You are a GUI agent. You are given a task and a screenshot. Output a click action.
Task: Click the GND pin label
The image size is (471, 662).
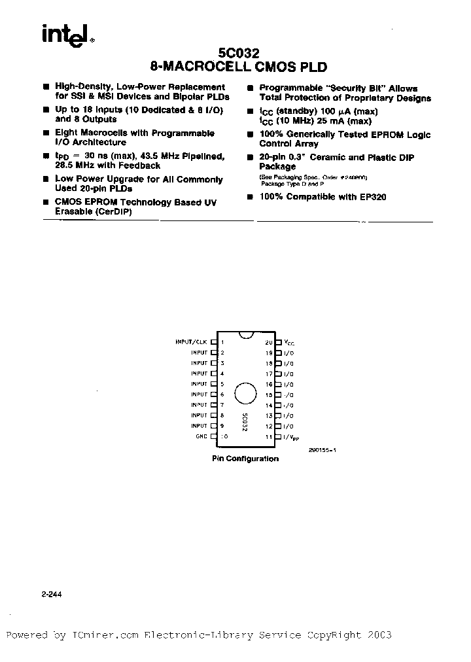coord(201,436)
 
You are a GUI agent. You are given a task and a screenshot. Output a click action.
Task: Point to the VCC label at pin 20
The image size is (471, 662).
coord(288,342)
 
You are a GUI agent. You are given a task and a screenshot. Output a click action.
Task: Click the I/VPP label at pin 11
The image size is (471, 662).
coord(291,437)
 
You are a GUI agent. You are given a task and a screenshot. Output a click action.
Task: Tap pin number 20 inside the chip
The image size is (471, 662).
coord(268,342)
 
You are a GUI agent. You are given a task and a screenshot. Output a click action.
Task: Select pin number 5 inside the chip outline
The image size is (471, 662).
coord(222,384)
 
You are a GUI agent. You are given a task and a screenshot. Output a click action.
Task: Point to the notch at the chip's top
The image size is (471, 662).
coord(245,336)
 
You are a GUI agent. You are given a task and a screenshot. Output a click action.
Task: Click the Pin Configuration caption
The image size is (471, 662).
coord(245,459)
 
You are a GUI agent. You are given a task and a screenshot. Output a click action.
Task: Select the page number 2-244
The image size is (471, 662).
coord(52,595)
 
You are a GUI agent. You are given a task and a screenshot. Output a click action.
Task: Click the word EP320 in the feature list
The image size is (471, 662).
coord(373,197)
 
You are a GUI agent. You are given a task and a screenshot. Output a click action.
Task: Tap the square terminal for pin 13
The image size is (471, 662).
coord(279,415)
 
